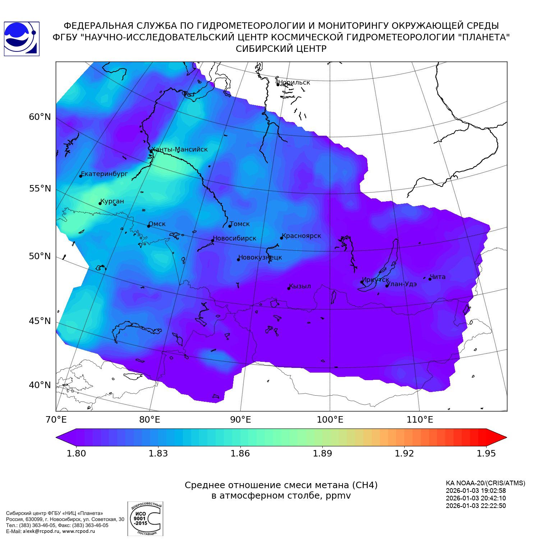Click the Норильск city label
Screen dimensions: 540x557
click(x=294, y=82)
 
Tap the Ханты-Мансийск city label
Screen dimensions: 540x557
click(x=180, y=149)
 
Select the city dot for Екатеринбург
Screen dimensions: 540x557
click(x=81, y=176)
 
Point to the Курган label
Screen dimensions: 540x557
click(x=112, y=201)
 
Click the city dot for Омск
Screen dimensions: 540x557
click(x=148, y=226)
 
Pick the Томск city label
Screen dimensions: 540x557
click(x=240, y=224)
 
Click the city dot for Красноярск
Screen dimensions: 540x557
click(x=282, y=238)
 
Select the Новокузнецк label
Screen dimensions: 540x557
click(x=260, y=257)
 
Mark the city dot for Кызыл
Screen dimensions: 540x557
click(x=289, y=288)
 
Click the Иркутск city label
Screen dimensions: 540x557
click(x=376, y=280)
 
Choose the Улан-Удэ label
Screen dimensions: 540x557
click(x=402, y=284)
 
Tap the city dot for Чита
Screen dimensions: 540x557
click(x=430, y=279)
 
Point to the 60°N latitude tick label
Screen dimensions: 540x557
click(x=40, y=117)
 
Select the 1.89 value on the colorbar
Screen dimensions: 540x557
click(x=322, y=453)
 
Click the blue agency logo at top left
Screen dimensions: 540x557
click(x=21, y=39)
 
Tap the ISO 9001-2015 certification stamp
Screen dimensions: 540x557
click(x=145, y=519)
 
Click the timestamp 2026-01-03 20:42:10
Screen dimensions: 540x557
click(x=476, y=498)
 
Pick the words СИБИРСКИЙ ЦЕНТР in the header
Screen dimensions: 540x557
click(x=281, y=49)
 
